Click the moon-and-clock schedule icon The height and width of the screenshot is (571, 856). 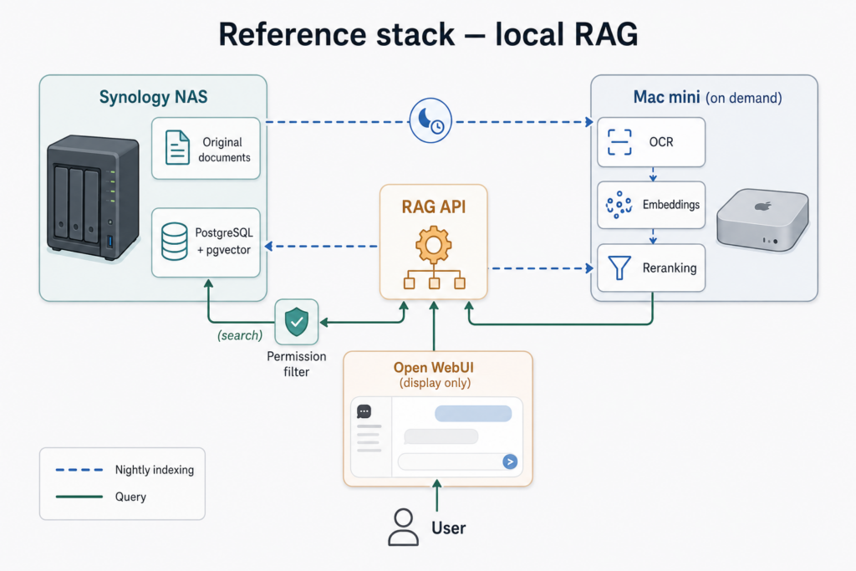(x=431, y=120)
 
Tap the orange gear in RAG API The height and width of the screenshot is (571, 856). (x=434, y=245)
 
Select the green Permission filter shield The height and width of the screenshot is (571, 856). (x=297, y=322)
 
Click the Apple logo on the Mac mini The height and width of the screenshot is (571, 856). (x=763, y=206)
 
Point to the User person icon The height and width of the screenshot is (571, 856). (x=404, y=528)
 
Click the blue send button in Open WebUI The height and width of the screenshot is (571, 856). (x=510, y=461)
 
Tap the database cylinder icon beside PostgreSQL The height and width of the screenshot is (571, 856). (x=175, y=242)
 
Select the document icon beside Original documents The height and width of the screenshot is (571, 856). (x=177, y=147)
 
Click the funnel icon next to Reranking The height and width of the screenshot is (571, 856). (x=619, y=268)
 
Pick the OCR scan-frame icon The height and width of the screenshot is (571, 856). (x=619, y=142)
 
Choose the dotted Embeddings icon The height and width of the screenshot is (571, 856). (x=619, y=205)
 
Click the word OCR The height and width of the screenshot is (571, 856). (x=661, y=142)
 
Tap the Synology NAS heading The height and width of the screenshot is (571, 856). (x=154, y=97)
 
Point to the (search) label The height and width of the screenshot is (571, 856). (x=240, y=335)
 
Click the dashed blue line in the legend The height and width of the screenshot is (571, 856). (x=79, y=470)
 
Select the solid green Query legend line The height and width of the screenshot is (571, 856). (x=79, y=497)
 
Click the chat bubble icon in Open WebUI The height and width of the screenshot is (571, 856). (x=364, y=411)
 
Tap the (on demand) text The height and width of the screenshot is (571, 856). (x=743, y=99)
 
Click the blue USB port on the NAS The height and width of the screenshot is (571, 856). (x=110, y=241)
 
